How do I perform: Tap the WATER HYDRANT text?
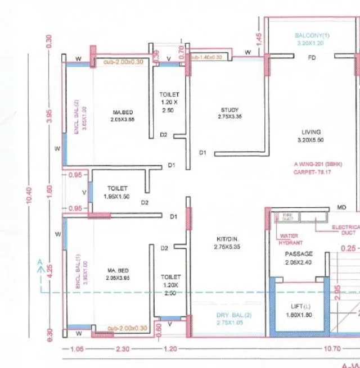[x=291, y=240]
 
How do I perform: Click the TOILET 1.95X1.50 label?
[x=116, y=192]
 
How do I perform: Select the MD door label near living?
[x=341, y=208]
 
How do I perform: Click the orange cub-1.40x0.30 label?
[x=206, y=57]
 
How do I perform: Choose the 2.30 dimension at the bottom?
[x=122, y=349]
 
